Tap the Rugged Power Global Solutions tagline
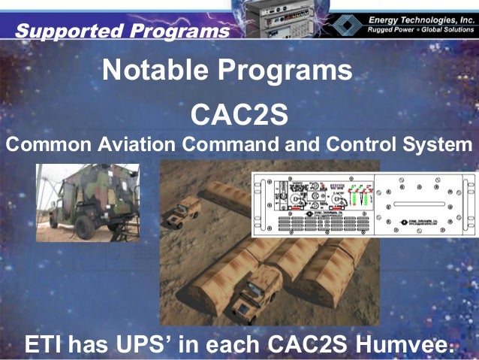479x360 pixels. [x=420, y=29]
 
